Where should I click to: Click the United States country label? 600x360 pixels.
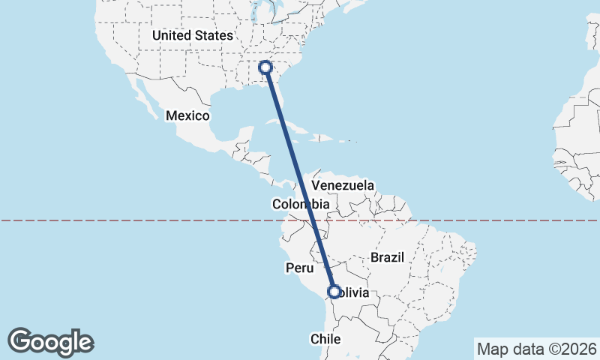(x=193, y=35)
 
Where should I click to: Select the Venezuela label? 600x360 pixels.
(x=343, y=185)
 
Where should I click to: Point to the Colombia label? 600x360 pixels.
(x=301, y=204)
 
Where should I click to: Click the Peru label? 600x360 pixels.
(x=298, y=268)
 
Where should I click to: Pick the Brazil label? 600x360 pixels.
(x=387, y=257)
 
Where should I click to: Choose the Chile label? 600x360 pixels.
(x=326, y=339)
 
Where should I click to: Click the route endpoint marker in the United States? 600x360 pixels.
(x=265, y=67)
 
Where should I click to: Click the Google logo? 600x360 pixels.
(x=50, y=342)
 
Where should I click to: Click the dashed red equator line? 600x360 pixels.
(x=150, y=220)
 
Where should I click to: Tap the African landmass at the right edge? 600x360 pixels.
(x=577, y=135)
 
